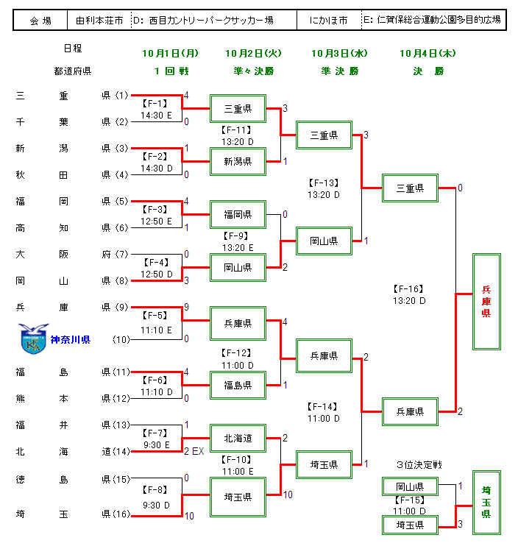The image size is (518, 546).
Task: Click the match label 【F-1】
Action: tap(156, 103)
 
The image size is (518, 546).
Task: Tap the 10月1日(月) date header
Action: tap(171, 54)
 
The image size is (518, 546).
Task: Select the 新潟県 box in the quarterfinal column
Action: tap(238, 161)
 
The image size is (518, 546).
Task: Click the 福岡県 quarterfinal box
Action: tap(238, 215)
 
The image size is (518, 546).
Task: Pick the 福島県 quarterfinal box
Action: tap(238, 385)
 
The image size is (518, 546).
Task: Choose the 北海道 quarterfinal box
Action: tap(238, 438)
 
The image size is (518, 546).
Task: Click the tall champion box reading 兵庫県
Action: tap(486, 302)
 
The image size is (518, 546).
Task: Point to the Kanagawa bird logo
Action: tap(34, 338)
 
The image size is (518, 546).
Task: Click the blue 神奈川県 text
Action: tap(71, 339)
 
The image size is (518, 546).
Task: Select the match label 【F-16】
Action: tap(408, 289)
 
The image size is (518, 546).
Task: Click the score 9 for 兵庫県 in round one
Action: tap(187, 307)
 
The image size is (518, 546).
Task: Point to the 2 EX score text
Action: tap(194, 450)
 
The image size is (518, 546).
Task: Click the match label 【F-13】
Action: tap(324, 182)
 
